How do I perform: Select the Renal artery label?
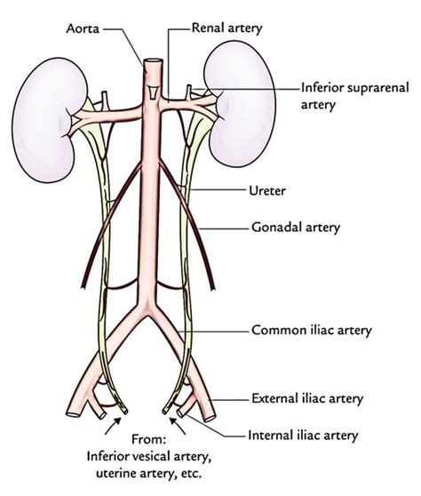(x=227, y=28)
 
